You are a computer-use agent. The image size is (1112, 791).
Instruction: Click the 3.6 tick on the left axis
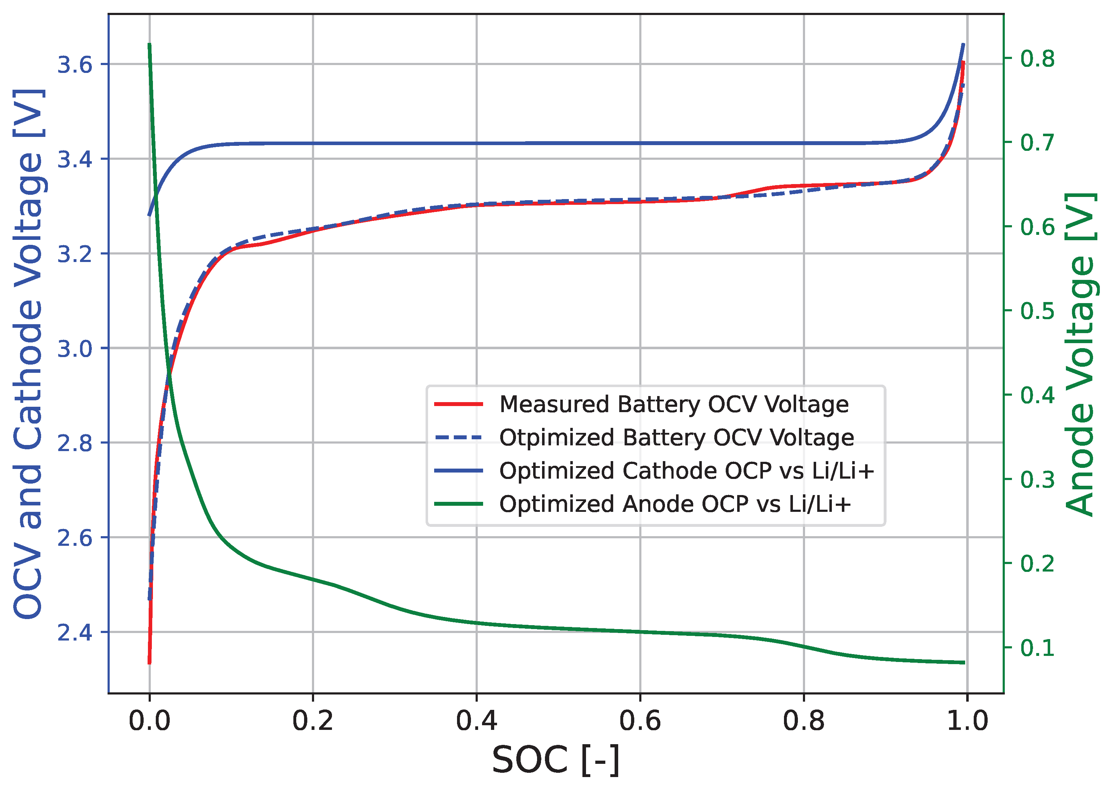[x=75, y=64]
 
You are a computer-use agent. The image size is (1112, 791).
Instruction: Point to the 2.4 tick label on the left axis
[x=75, y=632]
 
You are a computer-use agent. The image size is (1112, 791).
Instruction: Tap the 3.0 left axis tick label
[x=75, y=349]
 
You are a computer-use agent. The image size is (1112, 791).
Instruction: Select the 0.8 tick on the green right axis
[x=1037, y=59]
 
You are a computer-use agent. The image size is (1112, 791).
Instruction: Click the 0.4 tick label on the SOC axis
[x=476, y=721]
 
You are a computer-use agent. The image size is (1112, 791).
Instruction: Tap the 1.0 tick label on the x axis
[x=967, y=721]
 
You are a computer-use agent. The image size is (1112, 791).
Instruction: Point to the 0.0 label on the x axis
[x=149, y=721]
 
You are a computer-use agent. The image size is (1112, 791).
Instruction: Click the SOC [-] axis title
[x=556, y=760]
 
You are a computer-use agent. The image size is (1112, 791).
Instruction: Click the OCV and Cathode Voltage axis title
[x=28, y=355]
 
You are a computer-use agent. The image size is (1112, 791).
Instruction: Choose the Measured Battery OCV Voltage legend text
[x=674, y=404]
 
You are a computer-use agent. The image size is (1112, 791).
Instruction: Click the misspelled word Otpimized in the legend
[x=556, y=437]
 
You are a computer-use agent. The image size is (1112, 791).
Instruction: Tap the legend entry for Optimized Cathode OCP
[x=686, y=470]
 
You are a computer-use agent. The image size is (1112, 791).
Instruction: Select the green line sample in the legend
[x=458, y=504]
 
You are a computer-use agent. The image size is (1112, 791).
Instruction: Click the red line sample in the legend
[x=458, y=404]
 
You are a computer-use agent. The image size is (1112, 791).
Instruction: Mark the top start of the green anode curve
[x=149, y=45]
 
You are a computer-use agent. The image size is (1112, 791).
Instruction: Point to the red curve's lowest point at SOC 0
[x=149, y=662]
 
